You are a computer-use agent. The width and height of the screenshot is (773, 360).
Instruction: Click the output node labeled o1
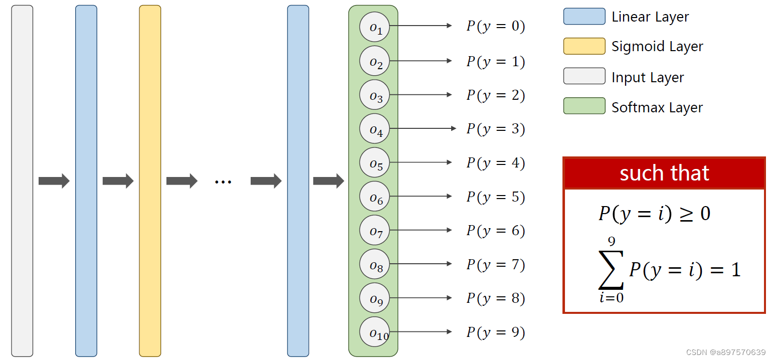[374, 27]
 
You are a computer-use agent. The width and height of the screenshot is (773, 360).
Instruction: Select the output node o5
[374, 163]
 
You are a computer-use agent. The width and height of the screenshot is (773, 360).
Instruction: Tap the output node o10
[374, 332]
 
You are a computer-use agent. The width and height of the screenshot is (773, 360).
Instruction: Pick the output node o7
[374, 231]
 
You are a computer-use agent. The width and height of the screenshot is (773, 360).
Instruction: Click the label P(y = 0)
[495, 26]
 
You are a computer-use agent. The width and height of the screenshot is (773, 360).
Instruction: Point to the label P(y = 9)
[495, 332]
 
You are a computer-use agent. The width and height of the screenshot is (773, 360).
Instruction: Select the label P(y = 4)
[495, 163]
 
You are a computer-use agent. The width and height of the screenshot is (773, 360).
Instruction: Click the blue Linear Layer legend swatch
[584, 17]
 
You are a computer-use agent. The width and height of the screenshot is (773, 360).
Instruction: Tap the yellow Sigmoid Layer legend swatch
[584, 46]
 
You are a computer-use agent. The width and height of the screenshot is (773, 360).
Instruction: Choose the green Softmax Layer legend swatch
[584, 106]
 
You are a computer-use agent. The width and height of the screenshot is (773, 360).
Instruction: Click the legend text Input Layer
[648, 78]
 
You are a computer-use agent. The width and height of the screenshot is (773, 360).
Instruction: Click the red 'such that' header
[664, 173]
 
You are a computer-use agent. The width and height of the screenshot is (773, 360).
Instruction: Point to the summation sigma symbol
[611, 270]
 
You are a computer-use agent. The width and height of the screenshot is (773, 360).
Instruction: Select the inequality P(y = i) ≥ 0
[654, 214]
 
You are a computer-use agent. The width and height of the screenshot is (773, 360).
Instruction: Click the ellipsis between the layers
[223, 181]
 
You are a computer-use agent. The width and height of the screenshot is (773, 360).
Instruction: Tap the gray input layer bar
[22, 181]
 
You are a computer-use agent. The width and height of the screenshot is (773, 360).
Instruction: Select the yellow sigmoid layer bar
[150, 181]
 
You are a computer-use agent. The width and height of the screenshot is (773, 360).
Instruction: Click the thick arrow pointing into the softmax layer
[328, 181]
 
